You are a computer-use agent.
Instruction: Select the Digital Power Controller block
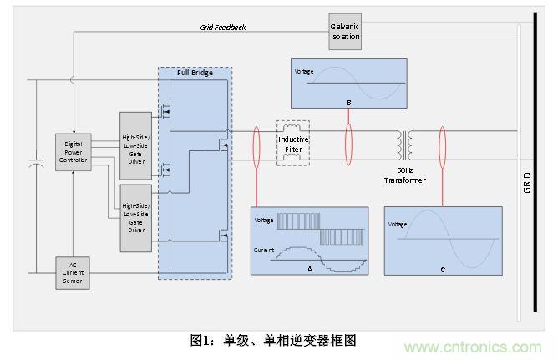[73, 152]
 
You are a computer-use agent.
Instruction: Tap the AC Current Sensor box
[73, 273]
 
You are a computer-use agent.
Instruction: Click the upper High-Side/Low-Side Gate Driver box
[137, 145]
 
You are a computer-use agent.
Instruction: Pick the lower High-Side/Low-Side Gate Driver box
[137, 218]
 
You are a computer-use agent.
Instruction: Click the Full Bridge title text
[195, 73]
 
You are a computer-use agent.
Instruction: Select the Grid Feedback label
[222, 27]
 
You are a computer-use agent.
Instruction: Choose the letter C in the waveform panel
[443, 269]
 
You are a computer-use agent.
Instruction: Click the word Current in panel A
[266, 250]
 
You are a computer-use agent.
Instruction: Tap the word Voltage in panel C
[398, 224]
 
